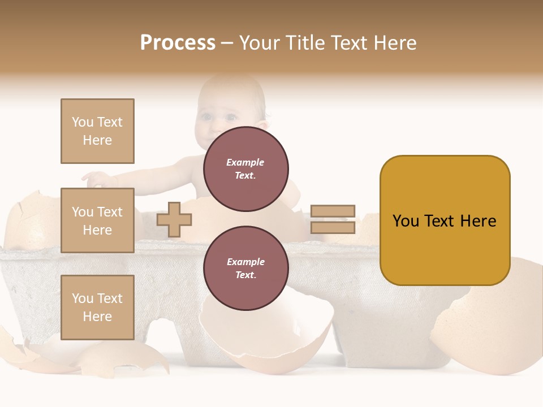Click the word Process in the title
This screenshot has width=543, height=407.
pos(178,42)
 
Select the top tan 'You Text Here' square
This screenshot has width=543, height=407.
pos(97,131)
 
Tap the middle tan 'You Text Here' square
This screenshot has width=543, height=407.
pos(97,220)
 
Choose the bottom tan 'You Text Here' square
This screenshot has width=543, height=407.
pos(97,307)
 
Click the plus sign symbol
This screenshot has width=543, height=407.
pos(174,219)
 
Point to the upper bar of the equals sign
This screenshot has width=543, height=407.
pos(333,211)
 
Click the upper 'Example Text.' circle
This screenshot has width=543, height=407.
pos(245,169)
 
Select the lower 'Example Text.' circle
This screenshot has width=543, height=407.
pos(245,269)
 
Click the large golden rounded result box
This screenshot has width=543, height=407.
pos(445,220)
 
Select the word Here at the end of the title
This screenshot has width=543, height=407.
pos(395,42)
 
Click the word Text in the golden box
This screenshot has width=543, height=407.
pos(444,220)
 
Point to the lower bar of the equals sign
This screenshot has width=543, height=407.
pos(333,227)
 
